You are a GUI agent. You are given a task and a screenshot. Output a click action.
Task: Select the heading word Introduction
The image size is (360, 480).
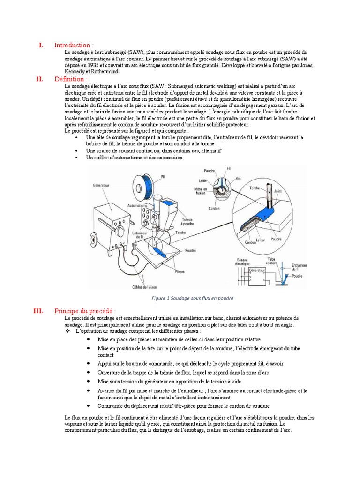72,45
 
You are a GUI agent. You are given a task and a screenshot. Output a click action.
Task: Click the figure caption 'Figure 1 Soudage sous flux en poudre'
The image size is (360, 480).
193,298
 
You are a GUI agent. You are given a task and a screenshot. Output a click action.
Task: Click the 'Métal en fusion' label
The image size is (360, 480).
201,190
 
